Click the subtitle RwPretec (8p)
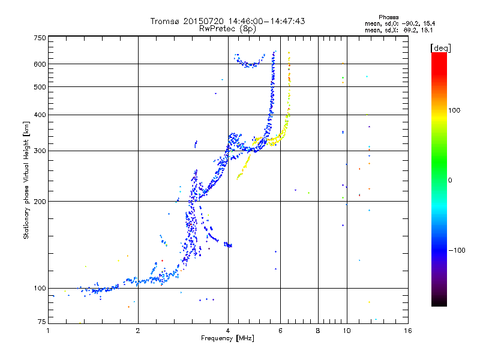point(227,29)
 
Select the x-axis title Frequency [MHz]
point(227,338)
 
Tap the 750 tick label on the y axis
point(40,38)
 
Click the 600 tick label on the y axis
point(40,64)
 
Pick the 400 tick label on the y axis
point(40,115)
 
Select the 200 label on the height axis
point(40,201)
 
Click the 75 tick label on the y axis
point(42,322)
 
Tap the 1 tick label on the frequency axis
point(48,331)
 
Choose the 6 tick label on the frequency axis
point(280,331)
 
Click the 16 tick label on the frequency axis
point(408,331)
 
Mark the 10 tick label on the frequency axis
point(347,331)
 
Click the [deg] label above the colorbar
point(440,48)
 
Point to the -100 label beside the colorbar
point(457,250)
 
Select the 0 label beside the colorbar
point(450,180)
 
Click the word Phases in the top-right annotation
point(388,17)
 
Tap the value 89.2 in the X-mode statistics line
point(410,31)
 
